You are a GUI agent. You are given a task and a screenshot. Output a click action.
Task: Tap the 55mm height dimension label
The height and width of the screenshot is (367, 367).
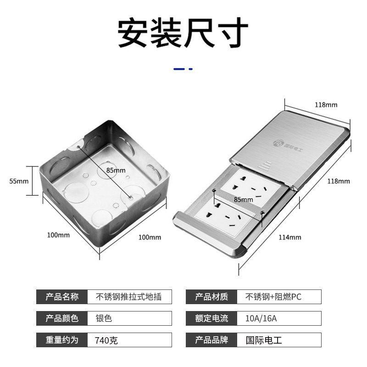click(19, 181)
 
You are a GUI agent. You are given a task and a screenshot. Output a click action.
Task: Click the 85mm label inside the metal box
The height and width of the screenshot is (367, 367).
click(116, 170)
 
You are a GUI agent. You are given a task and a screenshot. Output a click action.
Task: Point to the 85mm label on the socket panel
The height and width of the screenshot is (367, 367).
click(244, 200)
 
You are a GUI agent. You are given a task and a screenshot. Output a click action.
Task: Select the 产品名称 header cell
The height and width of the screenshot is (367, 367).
click(62, 297)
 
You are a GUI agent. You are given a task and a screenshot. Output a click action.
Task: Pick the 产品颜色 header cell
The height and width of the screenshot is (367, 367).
click(62, 318)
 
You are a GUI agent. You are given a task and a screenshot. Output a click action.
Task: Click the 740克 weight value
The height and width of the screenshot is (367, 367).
click(106, 340)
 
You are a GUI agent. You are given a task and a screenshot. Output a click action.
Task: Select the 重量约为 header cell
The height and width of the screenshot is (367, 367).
click(62, 340)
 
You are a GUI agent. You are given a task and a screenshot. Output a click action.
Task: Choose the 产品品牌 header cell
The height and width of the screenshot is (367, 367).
click(211, 340)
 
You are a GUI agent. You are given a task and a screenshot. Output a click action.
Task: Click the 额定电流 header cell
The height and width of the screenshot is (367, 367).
click(211, 318)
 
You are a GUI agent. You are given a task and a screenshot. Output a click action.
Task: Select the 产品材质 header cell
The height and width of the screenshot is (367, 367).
click(211, 297)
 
